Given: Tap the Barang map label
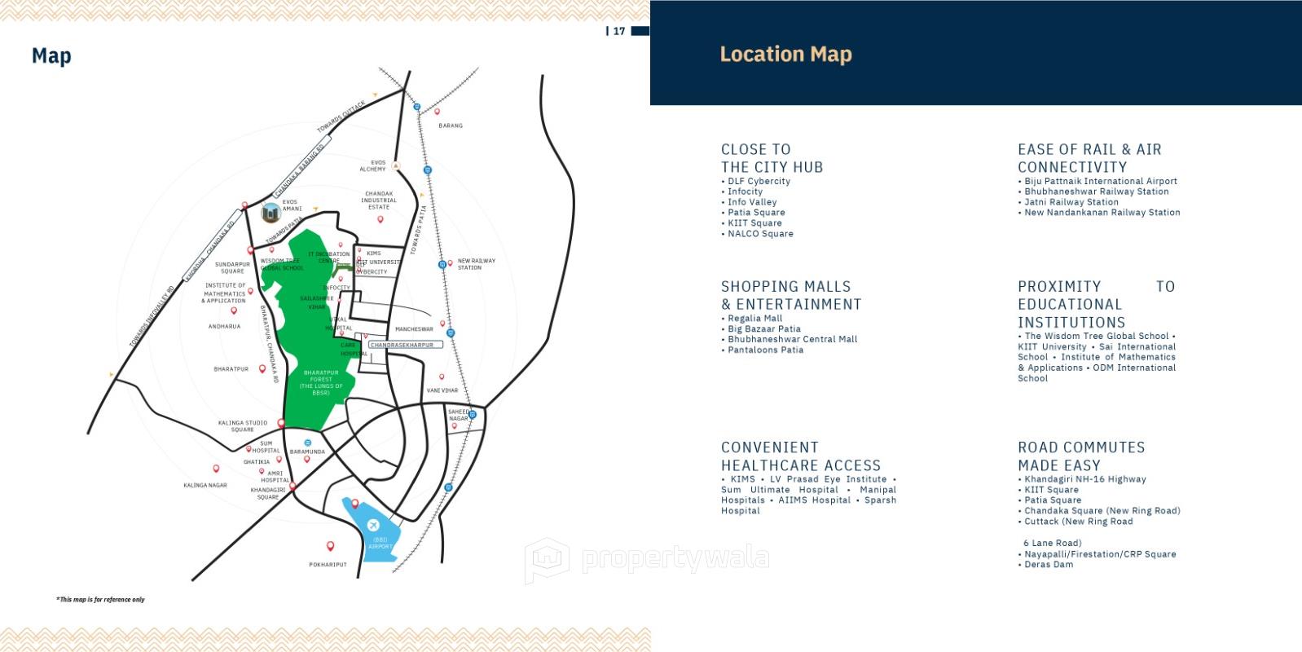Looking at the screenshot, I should (451, 126).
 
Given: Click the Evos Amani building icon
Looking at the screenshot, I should (271, 213).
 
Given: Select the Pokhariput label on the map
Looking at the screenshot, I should (328, 564).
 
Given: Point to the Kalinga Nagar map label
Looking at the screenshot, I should (205, 485).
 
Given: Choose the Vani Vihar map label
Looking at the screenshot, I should (442, 390).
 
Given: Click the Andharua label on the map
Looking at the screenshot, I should (224, 326).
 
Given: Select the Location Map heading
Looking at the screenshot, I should (785, 55).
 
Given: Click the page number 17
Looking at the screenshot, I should (619, 31).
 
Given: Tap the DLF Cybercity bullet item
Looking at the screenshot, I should (759, 181).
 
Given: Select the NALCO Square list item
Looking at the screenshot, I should (760, 234).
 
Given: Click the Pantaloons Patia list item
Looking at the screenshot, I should (765, 350).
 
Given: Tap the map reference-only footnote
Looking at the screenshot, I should (100, 599).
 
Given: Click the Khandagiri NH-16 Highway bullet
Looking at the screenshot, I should (1084, 479).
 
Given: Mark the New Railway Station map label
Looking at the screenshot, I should (476, 264).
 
